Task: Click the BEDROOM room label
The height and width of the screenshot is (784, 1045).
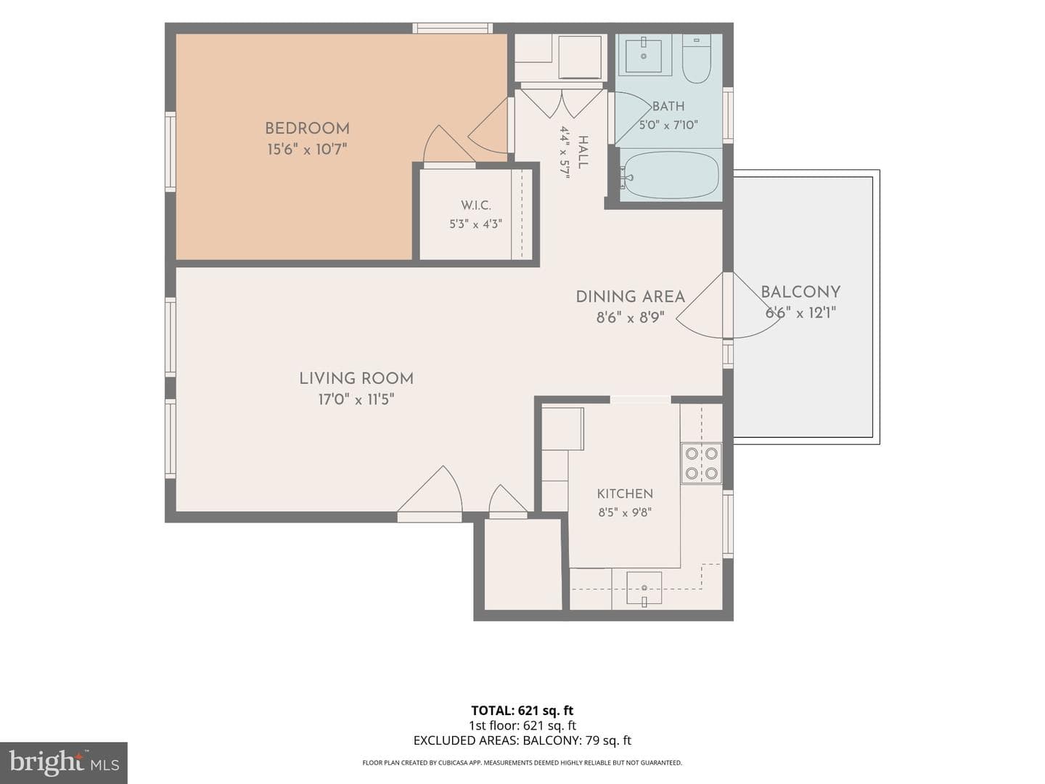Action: (307, 128)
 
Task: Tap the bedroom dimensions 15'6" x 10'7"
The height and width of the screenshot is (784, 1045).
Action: (307, 150)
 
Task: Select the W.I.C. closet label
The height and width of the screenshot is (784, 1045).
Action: (475, 205)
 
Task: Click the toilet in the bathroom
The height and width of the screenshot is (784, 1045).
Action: (697, 59)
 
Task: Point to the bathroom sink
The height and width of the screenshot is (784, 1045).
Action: (643, 55)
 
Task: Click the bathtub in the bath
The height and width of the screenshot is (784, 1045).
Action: (671, 175)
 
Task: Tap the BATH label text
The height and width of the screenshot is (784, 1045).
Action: (668, 106)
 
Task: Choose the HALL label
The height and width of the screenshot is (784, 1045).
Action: (582, 152)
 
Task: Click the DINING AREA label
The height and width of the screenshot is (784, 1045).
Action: (631, 297)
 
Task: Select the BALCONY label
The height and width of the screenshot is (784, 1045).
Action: (800, 292)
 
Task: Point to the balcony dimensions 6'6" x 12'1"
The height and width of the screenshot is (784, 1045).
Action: (800, 313)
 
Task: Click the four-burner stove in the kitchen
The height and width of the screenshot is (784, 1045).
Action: (701, 463)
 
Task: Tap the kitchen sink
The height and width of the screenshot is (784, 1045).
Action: (644, 589)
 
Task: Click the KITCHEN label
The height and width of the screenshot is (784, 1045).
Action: (625, 494)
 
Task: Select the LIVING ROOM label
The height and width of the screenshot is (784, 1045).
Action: (356, 378)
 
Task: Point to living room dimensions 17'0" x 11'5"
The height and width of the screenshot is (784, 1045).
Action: (356, 399)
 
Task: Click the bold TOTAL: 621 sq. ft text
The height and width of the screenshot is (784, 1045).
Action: (522, 711)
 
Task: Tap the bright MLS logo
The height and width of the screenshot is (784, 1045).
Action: (64, 762)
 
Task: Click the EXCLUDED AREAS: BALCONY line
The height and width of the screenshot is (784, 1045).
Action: (522, 740)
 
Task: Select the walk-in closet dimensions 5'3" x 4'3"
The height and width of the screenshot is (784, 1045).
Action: (475, 224)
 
